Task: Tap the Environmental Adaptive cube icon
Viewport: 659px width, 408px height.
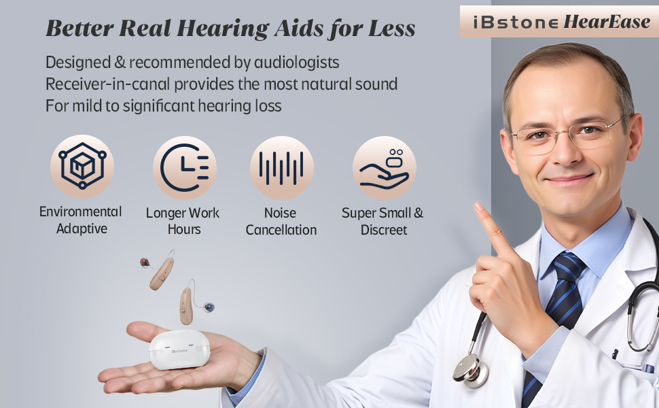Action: tap(82, 166)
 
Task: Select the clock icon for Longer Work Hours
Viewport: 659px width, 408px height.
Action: tap(184, 167)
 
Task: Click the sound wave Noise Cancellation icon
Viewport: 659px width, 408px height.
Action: tap(281, 167)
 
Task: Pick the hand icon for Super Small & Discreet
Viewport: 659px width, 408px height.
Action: tap(384, 167)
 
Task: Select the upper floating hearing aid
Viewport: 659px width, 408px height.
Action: tap(160, 269)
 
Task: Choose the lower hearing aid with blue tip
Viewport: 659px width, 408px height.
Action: tap(188, 306)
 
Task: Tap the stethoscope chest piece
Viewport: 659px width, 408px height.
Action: tap(469, 368)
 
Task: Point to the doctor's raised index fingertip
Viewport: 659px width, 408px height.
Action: tap(480, 207)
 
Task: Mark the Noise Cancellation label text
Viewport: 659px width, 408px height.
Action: tap(281, 222)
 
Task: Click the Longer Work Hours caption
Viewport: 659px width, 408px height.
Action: tap(183, 221)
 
